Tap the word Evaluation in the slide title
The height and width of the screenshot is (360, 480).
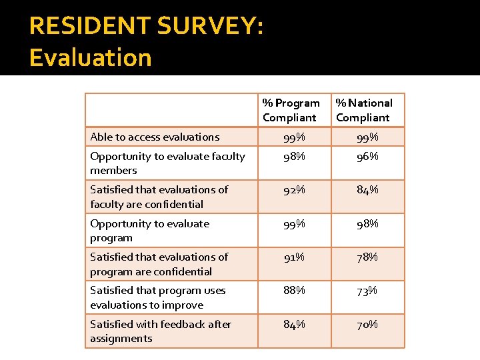[x=91, y=57]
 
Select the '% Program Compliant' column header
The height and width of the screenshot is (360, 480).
[x=291, y=110]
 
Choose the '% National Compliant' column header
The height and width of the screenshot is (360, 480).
[x=364, y=110]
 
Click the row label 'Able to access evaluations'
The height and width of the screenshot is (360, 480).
[x=155, y=137]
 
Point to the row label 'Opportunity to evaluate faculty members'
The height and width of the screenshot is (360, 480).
[x=167, y=163]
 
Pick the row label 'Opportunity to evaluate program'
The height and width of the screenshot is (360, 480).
[x=149, y=230]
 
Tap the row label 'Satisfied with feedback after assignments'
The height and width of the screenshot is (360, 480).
[x=160, y=331]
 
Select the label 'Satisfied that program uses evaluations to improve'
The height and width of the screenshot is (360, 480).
[x=158, y=297]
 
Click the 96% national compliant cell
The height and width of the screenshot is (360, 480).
[x=367, y=156]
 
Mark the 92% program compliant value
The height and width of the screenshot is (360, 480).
[x=293, y=189]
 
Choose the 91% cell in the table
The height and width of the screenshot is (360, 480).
[x=293, y=257]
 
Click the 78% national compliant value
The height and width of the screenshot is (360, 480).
[x=367, y=257]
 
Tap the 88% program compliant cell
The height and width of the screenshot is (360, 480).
[x=293, y=290]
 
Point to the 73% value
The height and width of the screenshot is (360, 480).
[x=367, y=290]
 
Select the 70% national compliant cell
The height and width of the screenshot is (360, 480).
[x=367, y=324]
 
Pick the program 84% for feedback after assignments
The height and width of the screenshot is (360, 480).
[x=293, y=324]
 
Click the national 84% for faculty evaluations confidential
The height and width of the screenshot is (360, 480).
[x=367, y=189]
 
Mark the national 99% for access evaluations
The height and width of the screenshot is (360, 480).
[x=367, y=137]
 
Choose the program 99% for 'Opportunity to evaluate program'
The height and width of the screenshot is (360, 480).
[x=293, y=223]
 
